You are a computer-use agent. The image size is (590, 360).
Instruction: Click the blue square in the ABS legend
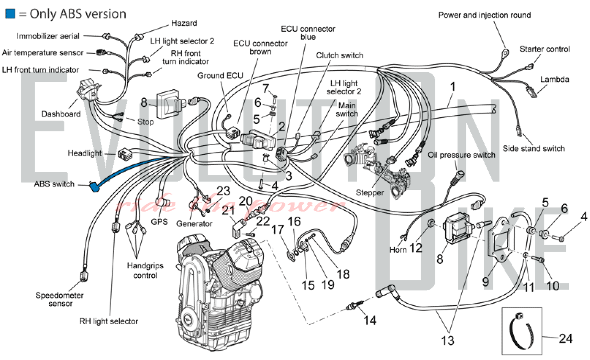[10, 14]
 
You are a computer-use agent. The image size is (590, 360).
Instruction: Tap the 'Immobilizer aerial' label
[48, 36]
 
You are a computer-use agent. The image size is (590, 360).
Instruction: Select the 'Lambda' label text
[555, 79]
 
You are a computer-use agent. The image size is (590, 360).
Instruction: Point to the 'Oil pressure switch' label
[461, 155]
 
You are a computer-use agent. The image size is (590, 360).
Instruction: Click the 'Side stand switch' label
[534, 148]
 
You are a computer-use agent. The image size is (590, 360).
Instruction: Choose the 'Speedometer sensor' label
[60, 299]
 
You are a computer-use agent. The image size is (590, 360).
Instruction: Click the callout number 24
[566, 338]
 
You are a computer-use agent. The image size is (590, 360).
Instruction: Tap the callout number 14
[370, 320]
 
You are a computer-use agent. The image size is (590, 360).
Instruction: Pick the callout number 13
[447, 341]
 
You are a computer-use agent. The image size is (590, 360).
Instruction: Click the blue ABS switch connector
[94, 187]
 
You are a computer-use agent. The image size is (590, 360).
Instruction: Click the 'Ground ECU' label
[220, 76]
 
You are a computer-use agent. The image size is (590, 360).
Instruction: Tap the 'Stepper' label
[370, 193]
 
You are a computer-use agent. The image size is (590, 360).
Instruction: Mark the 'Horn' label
[398, 250]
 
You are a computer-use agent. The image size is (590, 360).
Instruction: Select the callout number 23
[223, 191]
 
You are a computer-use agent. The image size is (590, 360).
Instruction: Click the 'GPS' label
[159, 222]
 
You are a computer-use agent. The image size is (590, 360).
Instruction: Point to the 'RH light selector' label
[109, 321]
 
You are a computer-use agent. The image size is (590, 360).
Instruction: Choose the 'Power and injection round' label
[484, 15]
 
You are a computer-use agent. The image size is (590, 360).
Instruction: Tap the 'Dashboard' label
[61, 114]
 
